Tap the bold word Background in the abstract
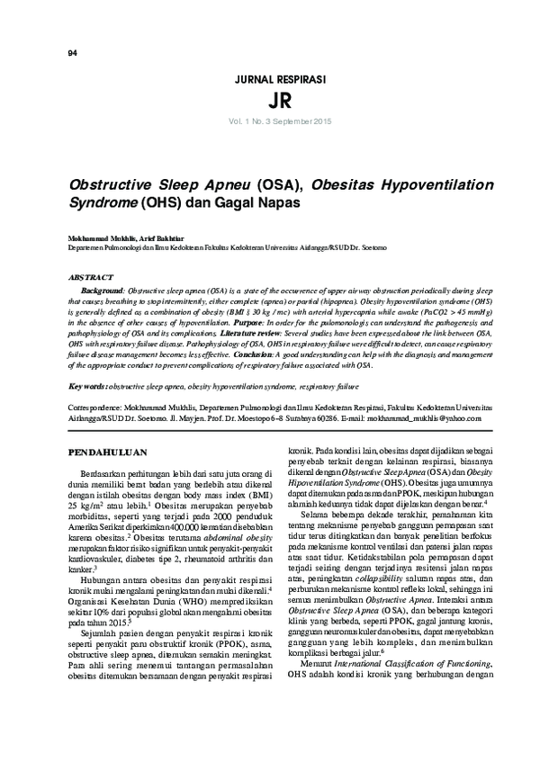point(102,292)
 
